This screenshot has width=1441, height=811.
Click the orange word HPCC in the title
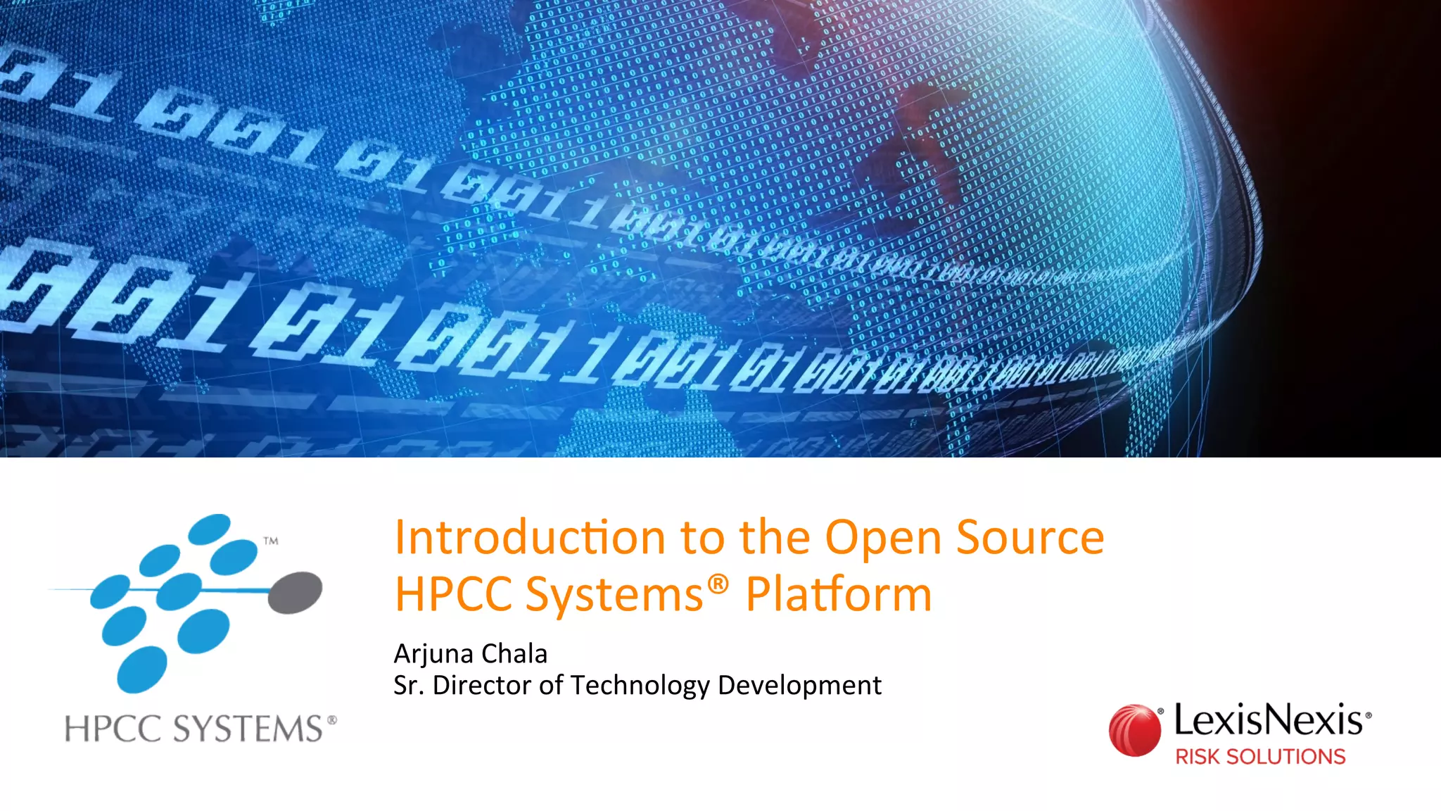(453, 595)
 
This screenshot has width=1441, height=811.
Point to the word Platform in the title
(839, 595)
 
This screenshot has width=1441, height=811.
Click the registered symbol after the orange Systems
(718, 584)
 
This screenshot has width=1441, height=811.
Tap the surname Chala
(514, 654)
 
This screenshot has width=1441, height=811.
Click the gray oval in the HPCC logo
(296, 591)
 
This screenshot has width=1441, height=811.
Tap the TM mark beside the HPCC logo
(271, 541)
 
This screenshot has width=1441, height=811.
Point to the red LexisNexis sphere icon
(1135, 731)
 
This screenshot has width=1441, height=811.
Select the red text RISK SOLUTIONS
(1260, 757)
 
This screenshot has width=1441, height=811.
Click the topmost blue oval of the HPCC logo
(210, 529)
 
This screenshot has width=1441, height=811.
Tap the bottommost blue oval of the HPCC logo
(142, 669)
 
